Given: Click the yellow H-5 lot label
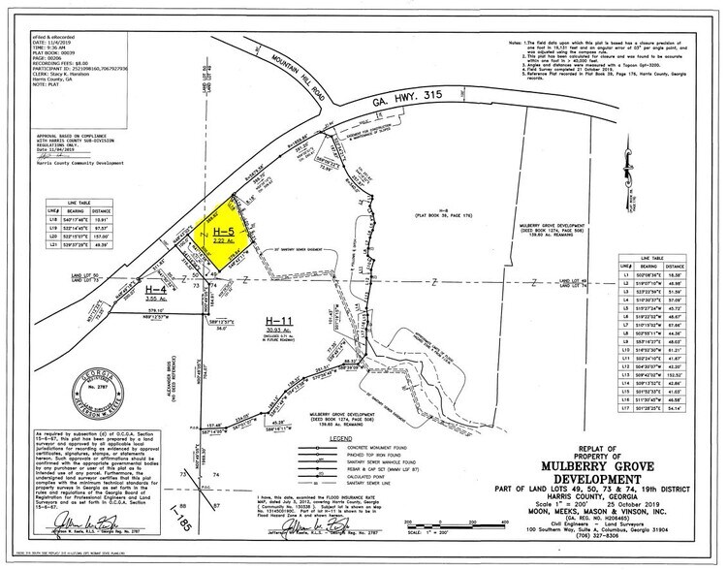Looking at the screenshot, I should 224,232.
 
